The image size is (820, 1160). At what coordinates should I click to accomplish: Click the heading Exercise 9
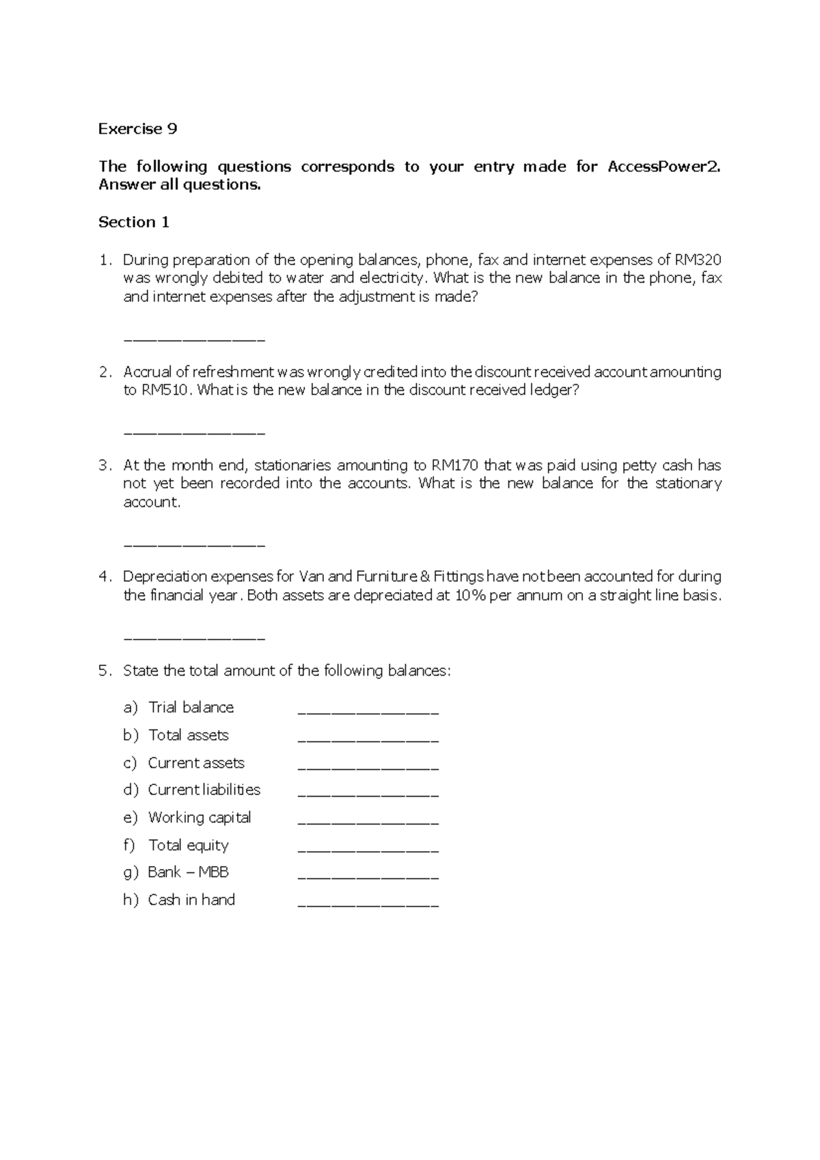137,129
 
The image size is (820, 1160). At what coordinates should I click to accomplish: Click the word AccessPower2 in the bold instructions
663,167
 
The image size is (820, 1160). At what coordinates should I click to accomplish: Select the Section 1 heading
134,222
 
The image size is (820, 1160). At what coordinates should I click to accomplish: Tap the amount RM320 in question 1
698,260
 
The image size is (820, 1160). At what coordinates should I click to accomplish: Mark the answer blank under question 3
194,545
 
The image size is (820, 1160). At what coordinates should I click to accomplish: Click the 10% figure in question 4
470,595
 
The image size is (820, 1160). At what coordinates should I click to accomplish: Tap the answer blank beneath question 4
194,638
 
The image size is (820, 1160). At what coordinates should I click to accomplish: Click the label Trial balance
191,708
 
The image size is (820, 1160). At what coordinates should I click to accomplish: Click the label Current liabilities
204,790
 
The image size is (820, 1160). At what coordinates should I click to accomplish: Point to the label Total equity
188,846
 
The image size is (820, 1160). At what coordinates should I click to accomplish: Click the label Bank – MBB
188,872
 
